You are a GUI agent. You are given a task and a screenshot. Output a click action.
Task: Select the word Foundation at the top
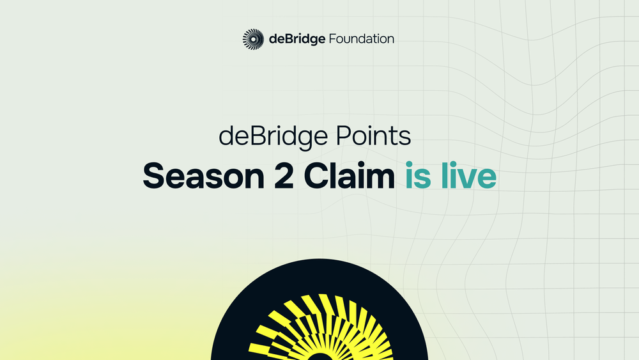click(361, 39)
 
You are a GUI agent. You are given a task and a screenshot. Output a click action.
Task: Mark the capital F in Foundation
click(332, 39)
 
